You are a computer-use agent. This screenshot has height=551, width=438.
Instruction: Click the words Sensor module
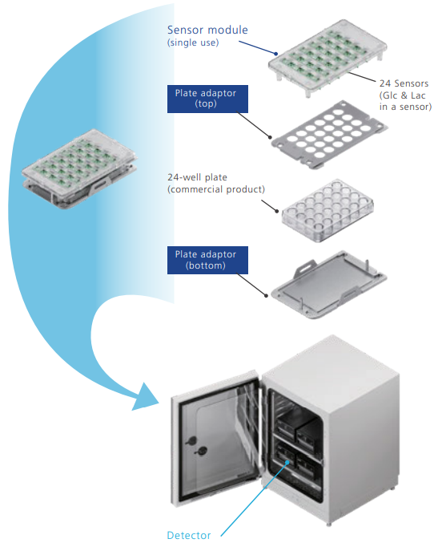pyautogui.click(x=207, y=30)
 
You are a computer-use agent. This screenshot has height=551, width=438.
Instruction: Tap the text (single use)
pyautogui.click(x=193, y=43)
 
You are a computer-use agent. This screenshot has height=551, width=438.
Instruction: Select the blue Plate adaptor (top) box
pyautogui.click(x=207, y=99)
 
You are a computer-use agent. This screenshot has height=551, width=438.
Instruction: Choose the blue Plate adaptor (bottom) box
pyautogui.click(x=207, y=260)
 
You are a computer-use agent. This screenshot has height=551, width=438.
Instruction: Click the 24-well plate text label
pyautogui.click(x=197, y=177)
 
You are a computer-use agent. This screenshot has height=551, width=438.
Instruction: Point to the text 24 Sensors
pyautogui.click(x=404, y=83)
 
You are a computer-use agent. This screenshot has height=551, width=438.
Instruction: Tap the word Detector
pyautogui.click(x=189, y=535)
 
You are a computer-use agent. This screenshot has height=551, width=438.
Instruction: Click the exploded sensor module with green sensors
pyautogui.click(x=327, y=58)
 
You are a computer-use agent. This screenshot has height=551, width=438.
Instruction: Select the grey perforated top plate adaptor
pyautogui.click(x=330, y=135)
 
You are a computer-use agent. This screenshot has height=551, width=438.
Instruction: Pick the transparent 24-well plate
pyautogui.click(x=327, y=210)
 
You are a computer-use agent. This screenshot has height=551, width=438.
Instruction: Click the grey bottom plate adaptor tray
pyautogui.click(x=329, y=285)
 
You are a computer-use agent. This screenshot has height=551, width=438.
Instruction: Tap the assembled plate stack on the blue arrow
pyautogui.click(x=79, y=169)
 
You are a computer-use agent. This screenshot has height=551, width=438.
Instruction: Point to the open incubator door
pyautogui.click(x=216, y=440)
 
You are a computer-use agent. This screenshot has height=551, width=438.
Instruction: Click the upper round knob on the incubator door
pyautogui.click(x=191, y=440)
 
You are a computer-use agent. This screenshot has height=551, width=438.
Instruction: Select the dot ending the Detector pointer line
pyautogui.click(x=288, y=462)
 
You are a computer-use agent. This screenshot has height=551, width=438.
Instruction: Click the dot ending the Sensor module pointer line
pyautogui.click(x=276, y=54)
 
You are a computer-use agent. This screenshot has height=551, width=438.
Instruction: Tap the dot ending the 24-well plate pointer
pyautogui.click(x=277, y=211)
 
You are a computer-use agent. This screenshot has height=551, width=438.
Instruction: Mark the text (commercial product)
pyautogui.click(x=216, y=189)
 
